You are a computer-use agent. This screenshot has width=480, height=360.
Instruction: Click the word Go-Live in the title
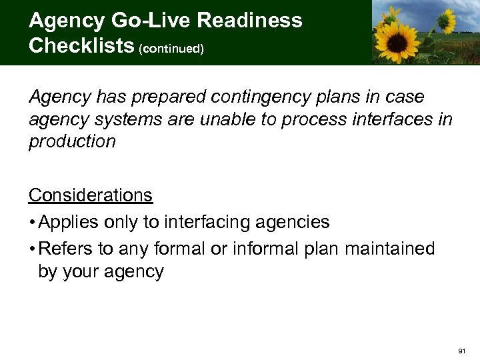coord(143,21)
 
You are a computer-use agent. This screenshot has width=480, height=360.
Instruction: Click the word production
coord(71,141)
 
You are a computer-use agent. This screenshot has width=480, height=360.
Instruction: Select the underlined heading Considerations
coord(90,195)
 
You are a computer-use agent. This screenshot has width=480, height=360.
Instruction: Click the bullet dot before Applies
coord(32,222)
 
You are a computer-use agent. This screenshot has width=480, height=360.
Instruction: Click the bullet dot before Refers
coord(32,249)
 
